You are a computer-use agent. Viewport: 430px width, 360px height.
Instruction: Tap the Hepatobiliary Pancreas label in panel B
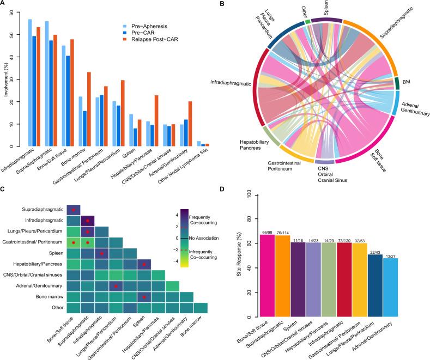point(255,144)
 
